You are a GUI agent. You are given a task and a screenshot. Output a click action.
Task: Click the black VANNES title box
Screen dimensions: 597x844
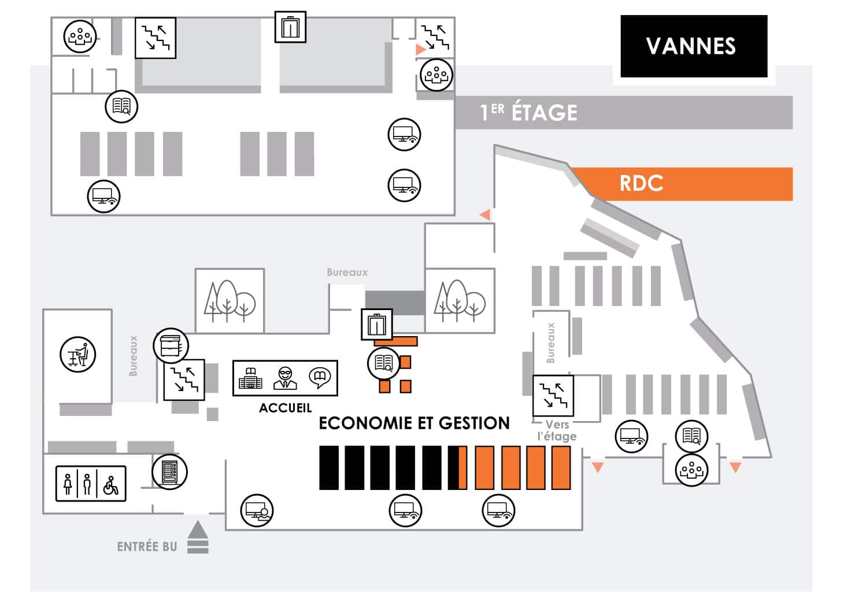pos(693,46)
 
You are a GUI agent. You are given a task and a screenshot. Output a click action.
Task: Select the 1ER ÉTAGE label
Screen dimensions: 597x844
pos(528,112)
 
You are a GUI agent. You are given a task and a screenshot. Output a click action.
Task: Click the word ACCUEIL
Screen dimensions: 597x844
pos(285,408)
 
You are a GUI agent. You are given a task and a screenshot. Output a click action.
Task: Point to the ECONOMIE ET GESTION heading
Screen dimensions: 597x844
pos(414,423)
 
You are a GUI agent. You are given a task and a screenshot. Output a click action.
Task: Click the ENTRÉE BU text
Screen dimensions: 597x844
pos(147,547)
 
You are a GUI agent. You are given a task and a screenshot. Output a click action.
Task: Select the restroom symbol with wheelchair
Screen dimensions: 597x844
pos(111,484)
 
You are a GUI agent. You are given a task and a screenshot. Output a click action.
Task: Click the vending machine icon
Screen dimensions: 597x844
pos(169,471)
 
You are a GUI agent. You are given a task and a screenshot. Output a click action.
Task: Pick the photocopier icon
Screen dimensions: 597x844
pos(171,345)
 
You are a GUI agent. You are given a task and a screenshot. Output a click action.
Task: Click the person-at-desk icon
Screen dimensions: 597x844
pos(77,354)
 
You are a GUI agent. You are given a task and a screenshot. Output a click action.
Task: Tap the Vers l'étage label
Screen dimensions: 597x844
pos(557,430)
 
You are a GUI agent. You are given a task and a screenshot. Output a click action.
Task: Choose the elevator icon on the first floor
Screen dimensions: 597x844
pos(290,27)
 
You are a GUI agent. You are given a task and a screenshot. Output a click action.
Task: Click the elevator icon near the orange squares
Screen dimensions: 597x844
pos(377,325)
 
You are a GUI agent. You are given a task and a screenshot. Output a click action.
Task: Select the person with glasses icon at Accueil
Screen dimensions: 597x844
pos(285,378)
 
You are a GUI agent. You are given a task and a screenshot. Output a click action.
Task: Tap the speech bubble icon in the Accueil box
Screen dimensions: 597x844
pos(319,378)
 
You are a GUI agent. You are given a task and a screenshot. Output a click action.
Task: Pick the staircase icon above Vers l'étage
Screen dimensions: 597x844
pos(553,396)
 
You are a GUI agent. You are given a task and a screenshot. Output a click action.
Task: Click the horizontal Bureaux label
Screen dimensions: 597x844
pos(347,272)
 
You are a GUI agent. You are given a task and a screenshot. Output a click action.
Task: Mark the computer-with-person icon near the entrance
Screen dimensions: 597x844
pos(257,510)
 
